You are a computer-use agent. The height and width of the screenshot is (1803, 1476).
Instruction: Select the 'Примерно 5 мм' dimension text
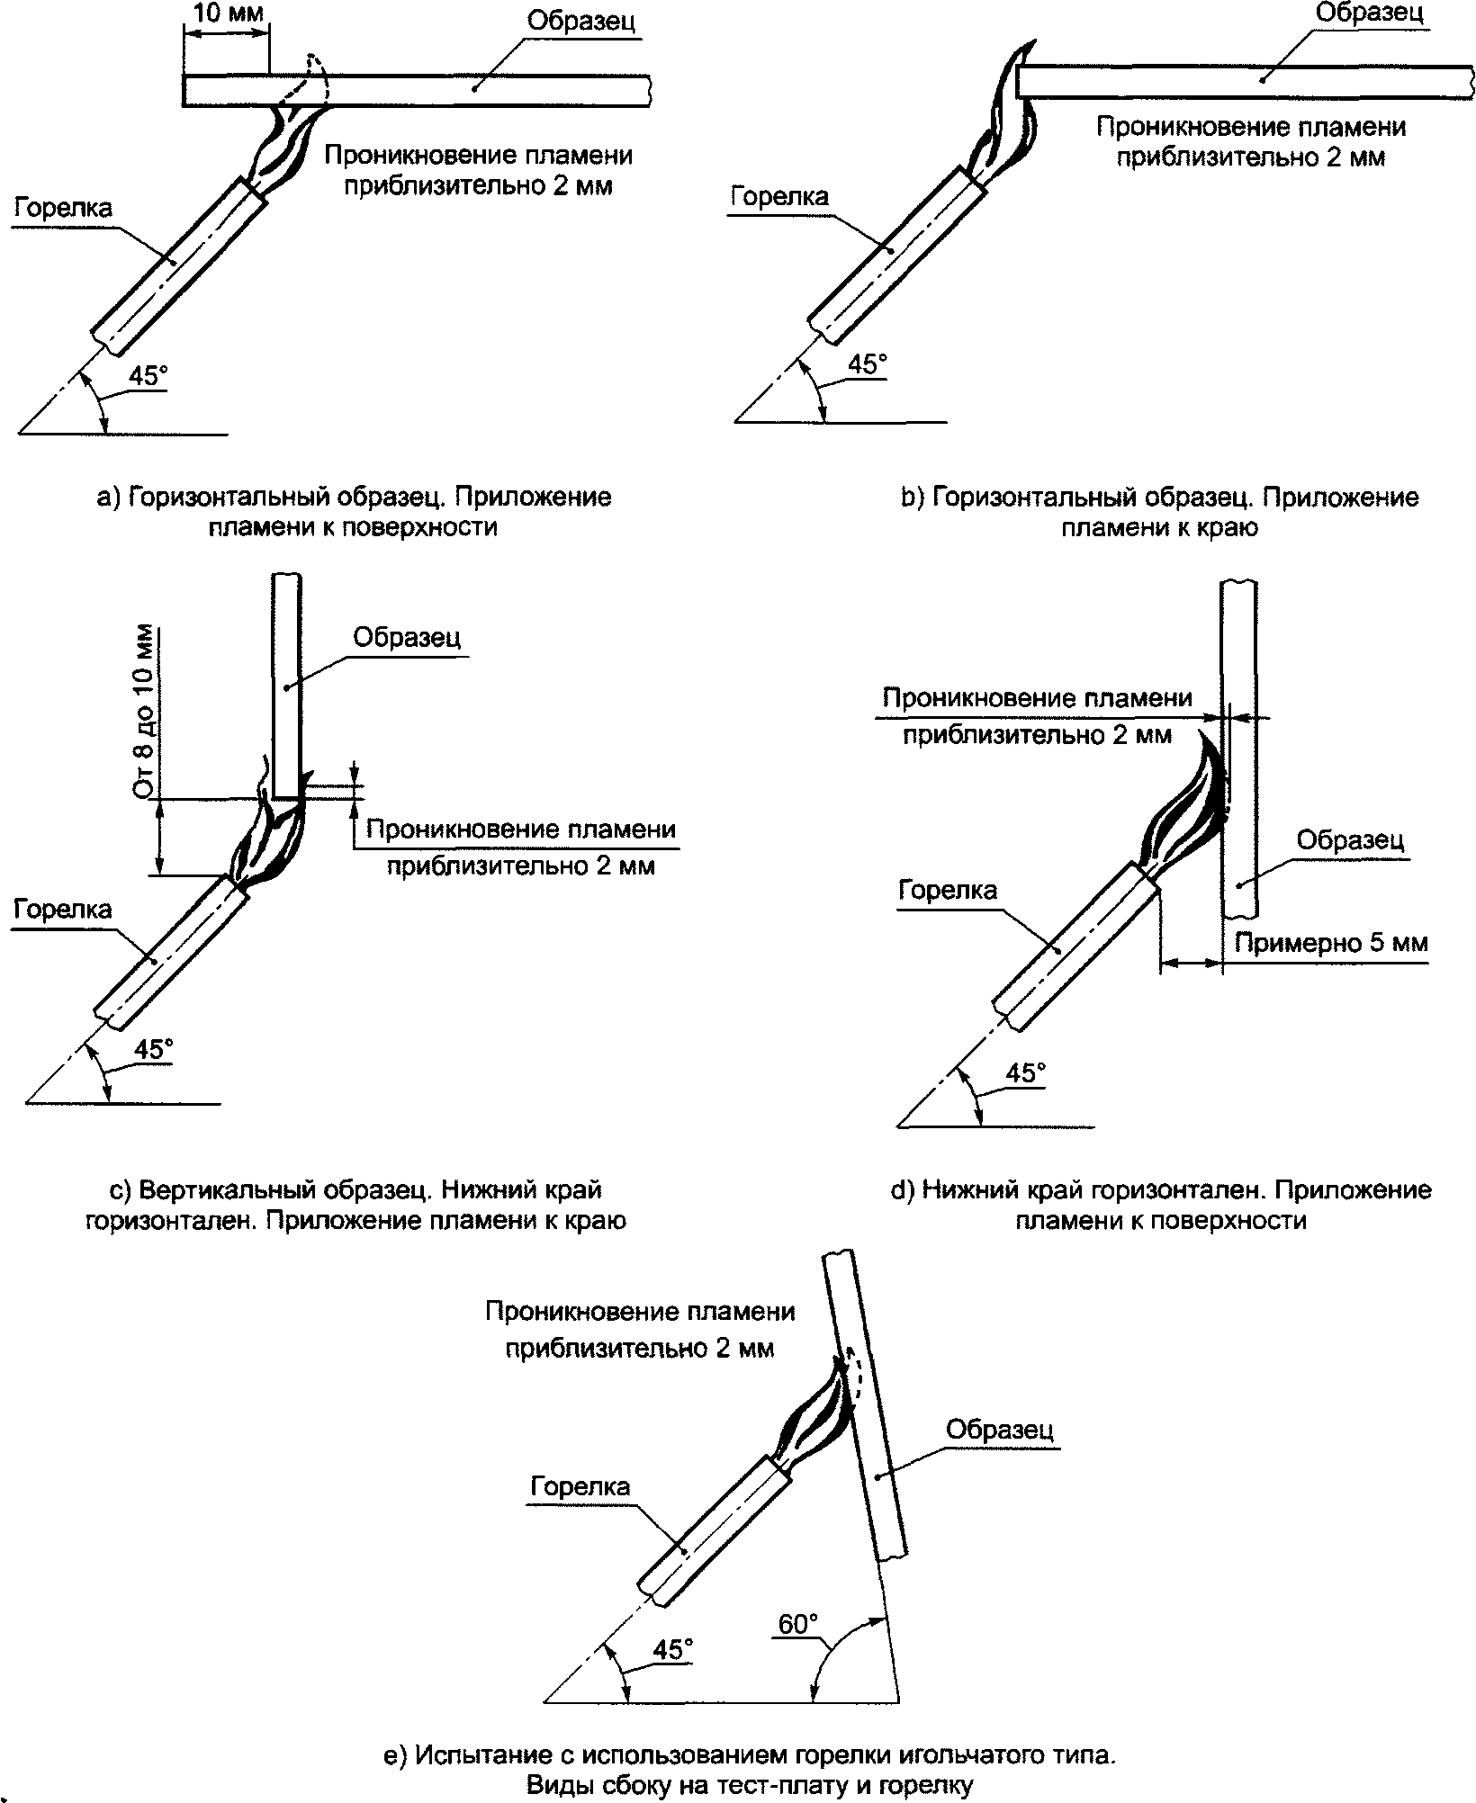tap(1331, 943)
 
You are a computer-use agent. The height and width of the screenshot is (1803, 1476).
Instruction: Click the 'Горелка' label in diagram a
tap(64, 209)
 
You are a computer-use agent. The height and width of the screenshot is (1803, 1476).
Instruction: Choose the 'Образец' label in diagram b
tap(1370, 13)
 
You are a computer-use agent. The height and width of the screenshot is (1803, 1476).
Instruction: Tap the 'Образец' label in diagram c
tap(407, 637)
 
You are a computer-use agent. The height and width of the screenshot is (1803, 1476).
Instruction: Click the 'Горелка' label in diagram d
tap(949, 891)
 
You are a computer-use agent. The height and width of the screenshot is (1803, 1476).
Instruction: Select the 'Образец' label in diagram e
tap(1000, 1430)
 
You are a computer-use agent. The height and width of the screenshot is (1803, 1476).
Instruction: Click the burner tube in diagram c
tap(170, 952)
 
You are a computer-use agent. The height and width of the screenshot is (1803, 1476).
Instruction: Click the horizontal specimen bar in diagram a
tap(416, 91)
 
